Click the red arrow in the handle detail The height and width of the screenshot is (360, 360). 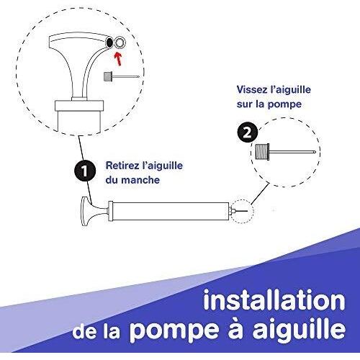tap(117, 59)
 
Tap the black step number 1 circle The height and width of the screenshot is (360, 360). tap(85, 171)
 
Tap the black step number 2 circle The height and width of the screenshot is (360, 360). tap(248, 132)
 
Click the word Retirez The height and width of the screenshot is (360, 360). tap(121, 166)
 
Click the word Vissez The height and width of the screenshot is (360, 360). tap(251, 90)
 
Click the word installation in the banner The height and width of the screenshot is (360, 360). tap(274, 300)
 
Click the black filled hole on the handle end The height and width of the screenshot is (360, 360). tap(109, 42)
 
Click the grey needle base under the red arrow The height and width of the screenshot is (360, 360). tap(108, 77)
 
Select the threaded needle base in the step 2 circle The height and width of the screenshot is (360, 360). tap(262, 152)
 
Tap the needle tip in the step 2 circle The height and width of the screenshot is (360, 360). tap(314, 152)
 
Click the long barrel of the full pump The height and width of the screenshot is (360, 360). tap(171, 211)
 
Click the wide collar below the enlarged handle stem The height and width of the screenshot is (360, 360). tap(79, 105)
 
